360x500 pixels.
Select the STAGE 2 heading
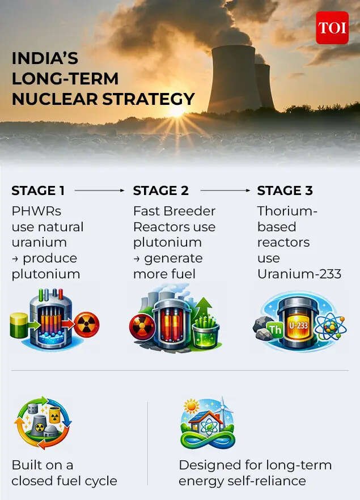point(160,191)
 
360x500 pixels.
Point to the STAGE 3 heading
point(285,191)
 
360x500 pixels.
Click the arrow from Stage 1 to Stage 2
point(100,191)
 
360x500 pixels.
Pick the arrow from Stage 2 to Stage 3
point(225,191)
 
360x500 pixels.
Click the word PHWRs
point(36,211)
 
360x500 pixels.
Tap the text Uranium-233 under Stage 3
point(299,274)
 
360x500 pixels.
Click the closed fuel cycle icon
point(41,423)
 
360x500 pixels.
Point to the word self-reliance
point(266,481)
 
